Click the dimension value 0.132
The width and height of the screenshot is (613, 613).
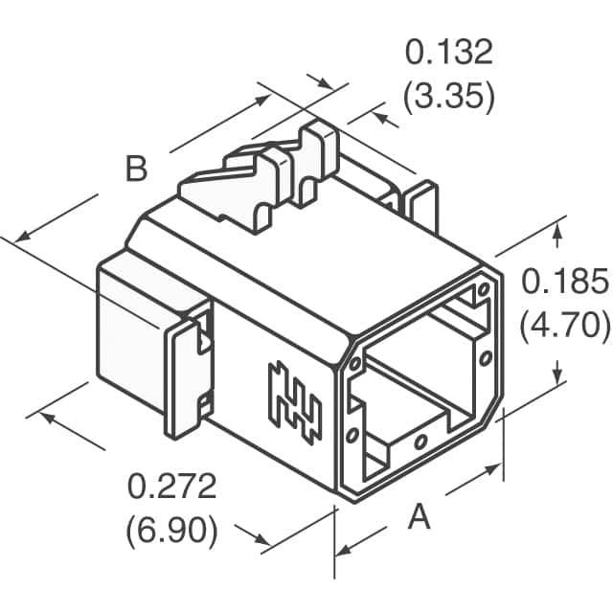click(x=449, y=53)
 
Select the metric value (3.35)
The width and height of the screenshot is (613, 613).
click(x=449, y=97)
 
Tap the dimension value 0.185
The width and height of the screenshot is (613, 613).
click(x=564, y=281)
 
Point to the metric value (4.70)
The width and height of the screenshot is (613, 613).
click(x=564, y=326)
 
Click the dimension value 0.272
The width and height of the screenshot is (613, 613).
click(x=172, y=486)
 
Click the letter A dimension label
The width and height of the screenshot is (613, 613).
click(x=419, y=516)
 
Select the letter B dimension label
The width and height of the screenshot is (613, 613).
click(x=136, y=169)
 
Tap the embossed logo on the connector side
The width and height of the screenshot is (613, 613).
click(x=295, y=403)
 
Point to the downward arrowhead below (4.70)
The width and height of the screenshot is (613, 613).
click(x=558, y=376)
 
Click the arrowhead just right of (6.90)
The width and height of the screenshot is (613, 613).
click(x=261, y=539)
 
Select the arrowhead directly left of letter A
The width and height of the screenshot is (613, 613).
click(x=344, y=551)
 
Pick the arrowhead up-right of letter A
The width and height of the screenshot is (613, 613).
click(x=493, y=468)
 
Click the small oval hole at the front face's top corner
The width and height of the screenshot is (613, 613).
click(x=484, y=289)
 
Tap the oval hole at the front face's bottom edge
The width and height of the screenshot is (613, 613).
click(x=420, y=443)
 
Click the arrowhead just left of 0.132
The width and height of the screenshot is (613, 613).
click(x=325, y=83)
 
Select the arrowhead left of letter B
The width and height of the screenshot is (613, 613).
click(x=23, y=237)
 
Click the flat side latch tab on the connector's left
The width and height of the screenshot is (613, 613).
click(x=189, y=378)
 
